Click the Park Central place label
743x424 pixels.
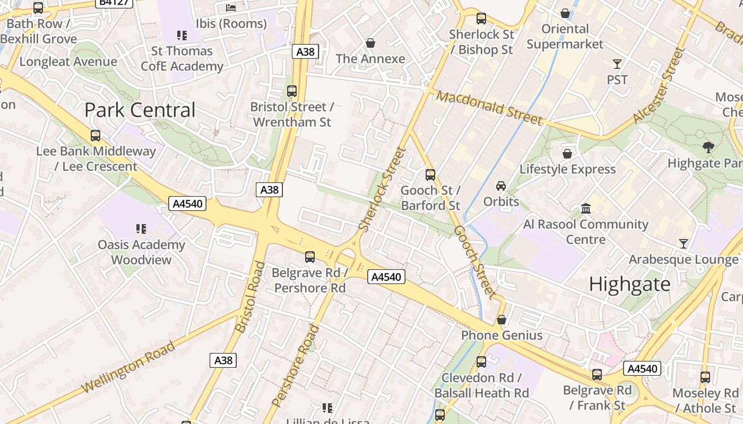coord(140,110)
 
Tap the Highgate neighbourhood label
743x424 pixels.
coord(630,285)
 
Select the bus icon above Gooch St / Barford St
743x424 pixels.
coord(430,174)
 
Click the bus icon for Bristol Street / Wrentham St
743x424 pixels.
coord(292,91)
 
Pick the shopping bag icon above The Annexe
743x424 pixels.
coord(370,43)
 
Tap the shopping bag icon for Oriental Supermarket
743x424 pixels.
coord(565,13)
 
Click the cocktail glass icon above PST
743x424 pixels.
coord(617,64)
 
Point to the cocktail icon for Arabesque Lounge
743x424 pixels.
coord(684,244)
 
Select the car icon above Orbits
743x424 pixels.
coord(501,185)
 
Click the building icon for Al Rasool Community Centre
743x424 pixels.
coord(586,208)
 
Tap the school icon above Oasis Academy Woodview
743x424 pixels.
coord(141,229)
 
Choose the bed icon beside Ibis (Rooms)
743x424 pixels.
coord(231,8)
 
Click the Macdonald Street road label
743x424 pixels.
coord(490,108)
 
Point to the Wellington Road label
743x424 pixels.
coord(129,367)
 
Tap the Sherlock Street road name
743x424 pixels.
coord(382,189)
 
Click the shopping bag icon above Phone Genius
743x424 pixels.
coord(502,320)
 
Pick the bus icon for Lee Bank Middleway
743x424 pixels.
coord(96,136)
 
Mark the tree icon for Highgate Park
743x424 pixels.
coord(708,147)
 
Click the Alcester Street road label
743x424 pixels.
coord(658,86)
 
